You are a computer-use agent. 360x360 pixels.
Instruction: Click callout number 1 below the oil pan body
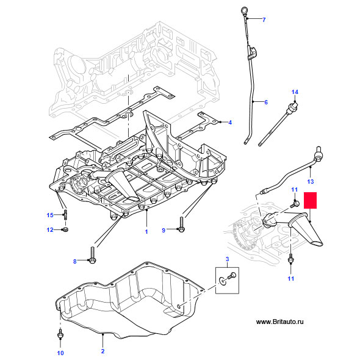click(x=146, y=232)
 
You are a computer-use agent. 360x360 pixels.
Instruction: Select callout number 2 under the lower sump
click(x=103, y=351)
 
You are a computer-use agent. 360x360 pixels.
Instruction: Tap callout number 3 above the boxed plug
click(x=227, y=261)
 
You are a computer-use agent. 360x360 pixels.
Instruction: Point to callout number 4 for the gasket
click(x=230, y=123)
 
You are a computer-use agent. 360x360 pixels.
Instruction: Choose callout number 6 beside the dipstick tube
click(x=265, y=102)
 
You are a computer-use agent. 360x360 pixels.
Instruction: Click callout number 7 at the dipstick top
click(x=264, y=20)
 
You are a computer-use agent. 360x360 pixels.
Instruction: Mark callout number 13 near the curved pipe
click(x=309, y=182)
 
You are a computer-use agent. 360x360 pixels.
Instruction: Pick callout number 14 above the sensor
click(x=294, y=92)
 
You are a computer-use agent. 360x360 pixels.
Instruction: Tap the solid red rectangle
click(x=311, y=202)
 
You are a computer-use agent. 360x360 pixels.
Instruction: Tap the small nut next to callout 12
click(x=67, y=229)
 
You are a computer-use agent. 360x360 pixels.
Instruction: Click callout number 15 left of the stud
click(x=51, y=214)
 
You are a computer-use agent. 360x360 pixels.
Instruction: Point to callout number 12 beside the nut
click(x=51, y=229)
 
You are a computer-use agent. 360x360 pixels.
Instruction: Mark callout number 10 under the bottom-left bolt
click(x=60, y=353)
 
